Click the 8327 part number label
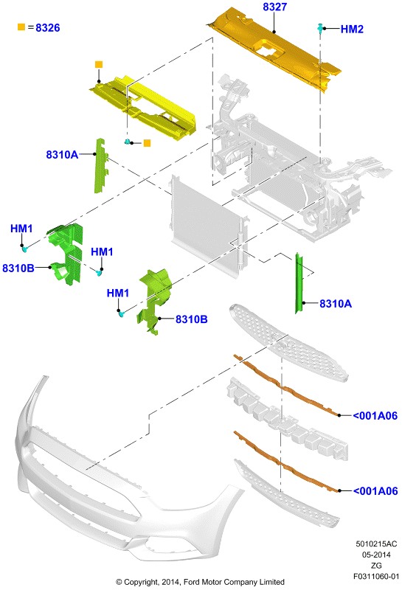275,7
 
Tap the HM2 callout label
352,29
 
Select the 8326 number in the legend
48,27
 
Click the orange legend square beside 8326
21,27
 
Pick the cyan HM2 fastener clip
320,28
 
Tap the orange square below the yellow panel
148,143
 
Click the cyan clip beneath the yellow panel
128,142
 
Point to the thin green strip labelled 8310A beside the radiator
299,283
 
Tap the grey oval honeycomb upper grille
288,343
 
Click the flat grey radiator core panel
207,226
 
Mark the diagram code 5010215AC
376,544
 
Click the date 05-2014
376,555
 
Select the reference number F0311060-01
376,576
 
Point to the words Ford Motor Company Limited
234,582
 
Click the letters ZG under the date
376,565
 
